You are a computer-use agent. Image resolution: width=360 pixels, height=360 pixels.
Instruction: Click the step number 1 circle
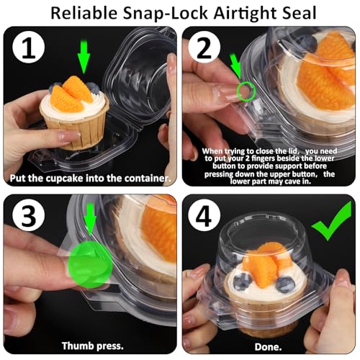[x=29, y=47]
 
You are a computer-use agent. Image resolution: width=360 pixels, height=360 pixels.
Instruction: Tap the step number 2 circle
[x=204, y=47]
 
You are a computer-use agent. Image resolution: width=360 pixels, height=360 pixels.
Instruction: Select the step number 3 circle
[x=29, y=215]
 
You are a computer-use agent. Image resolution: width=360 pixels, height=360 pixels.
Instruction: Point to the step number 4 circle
[x=204, y=215]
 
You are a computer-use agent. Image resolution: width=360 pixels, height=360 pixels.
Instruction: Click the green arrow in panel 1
[x=84, y=57]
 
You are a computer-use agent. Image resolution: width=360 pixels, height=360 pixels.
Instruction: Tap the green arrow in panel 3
[x=90, y=219]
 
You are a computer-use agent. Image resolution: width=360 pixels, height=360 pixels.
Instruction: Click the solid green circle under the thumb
[x=90, y=264]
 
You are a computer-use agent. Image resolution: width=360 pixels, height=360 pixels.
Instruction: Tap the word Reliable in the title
[x=84, y=13]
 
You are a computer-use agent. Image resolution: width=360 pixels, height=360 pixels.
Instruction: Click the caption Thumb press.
[x=93, y=346]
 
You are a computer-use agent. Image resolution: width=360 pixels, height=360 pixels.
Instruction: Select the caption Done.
[x=268, y=347]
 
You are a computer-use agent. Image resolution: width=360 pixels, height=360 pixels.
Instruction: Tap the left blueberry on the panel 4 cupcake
[x=243, y=282]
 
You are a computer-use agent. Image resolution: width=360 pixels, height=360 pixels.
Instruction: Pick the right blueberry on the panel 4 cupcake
[x=285, y=284]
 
